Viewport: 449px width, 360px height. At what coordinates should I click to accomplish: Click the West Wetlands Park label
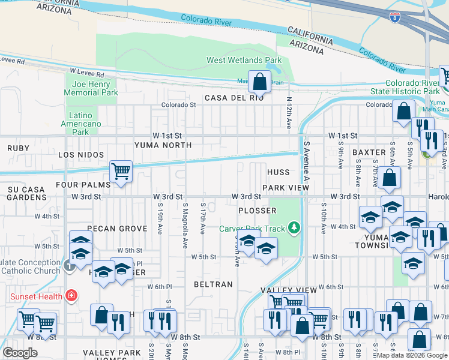pos(244,60)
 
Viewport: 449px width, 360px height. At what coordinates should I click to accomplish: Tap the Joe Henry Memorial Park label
pos(91,89)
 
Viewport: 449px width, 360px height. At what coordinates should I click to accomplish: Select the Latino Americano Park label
pos(80,123)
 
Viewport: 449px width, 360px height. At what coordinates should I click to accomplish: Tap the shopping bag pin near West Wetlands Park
pos(259,81)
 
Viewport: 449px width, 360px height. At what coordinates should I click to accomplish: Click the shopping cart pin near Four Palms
pos(121,172)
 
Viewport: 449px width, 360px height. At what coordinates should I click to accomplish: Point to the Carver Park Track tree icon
pos(294,227)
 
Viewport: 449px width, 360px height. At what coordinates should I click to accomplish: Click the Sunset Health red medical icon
pos(71,295)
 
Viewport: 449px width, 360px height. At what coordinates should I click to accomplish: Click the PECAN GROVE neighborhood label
pos(117,229)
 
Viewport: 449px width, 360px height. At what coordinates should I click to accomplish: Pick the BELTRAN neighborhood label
pos(212,284)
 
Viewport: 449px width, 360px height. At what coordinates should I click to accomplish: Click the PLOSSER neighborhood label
pos(257,211)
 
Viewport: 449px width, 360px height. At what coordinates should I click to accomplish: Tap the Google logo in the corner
pos(20,353)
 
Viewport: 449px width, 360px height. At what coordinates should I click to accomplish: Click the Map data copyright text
pos(412,355)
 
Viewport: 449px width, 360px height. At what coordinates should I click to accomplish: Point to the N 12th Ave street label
pos(289,113)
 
